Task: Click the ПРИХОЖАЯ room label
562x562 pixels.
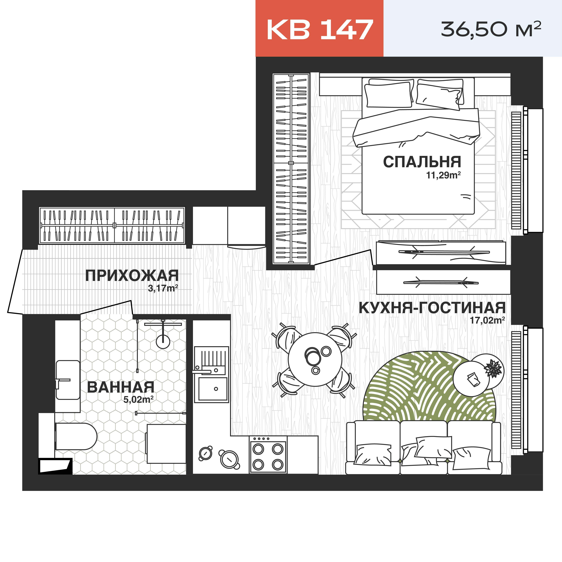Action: (x=132, y=276)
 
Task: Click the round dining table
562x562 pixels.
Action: (x=315, y=360)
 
